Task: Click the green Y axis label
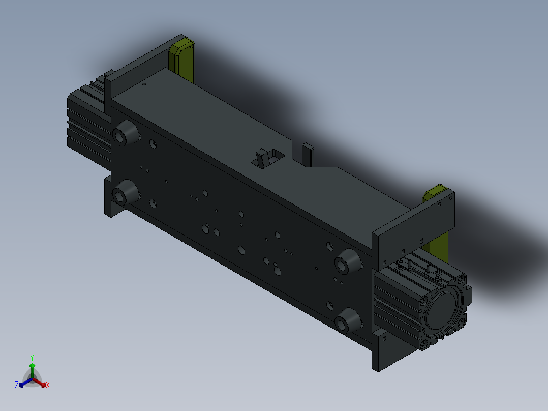click(32, 358)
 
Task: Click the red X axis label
click(48, 385)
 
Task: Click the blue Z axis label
click(17, 385)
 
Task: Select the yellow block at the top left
click(181, 60)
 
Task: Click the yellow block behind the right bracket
click(436, 224)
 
